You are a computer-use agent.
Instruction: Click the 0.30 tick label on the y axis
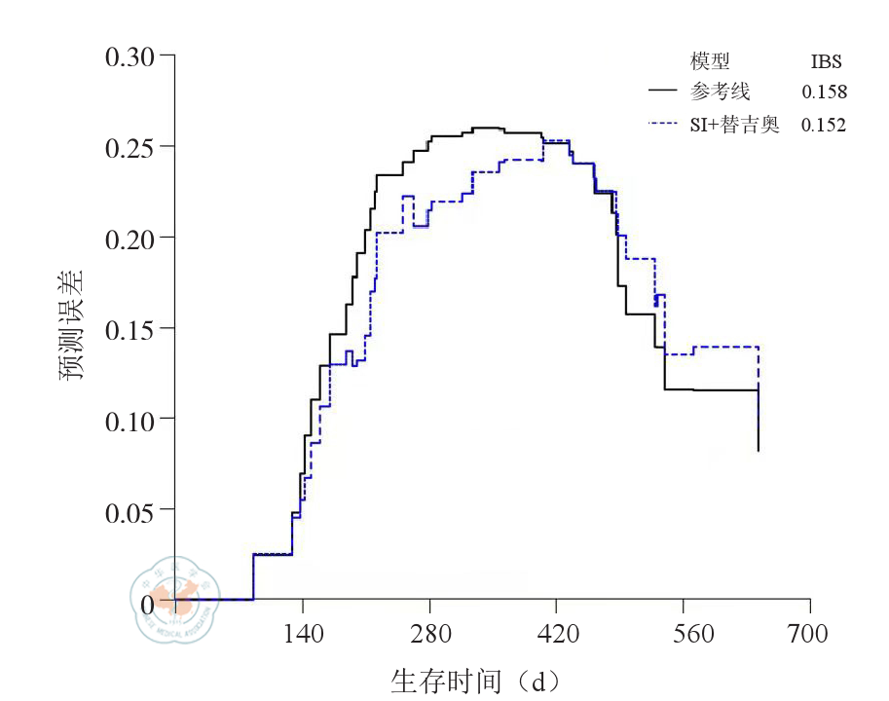[x=131, y=56]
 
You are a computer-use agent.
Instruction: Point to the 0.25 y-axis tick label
[x=131, y=147]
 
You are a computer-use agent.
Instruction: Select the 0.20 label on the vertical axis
[x=131, y=238]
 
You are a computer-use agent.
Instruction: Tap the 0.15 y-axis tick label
[x=131, y=328]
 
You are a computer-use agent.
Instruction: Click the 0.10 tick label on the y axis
[x=131, y=419]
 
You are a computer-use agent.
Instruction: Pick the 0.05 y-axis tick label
[x=131, y=509]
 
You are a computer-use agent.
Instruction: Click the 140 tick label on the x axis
[x=302, y=635]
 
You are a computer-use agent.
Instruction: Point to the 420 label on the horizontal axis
[x=556, y=635]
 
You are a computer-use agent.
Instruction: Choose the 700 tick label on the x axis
[x=809, y=635]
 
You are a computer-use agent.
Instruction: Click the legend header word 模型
[x=710, y=62]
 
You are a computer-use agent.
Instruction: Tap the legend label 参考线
[x=721, y=92]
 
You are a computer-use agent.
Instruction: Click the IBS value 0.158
[x=824, y=92]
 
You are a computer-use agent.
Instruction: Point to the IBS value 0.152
[x=824, y=125]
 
